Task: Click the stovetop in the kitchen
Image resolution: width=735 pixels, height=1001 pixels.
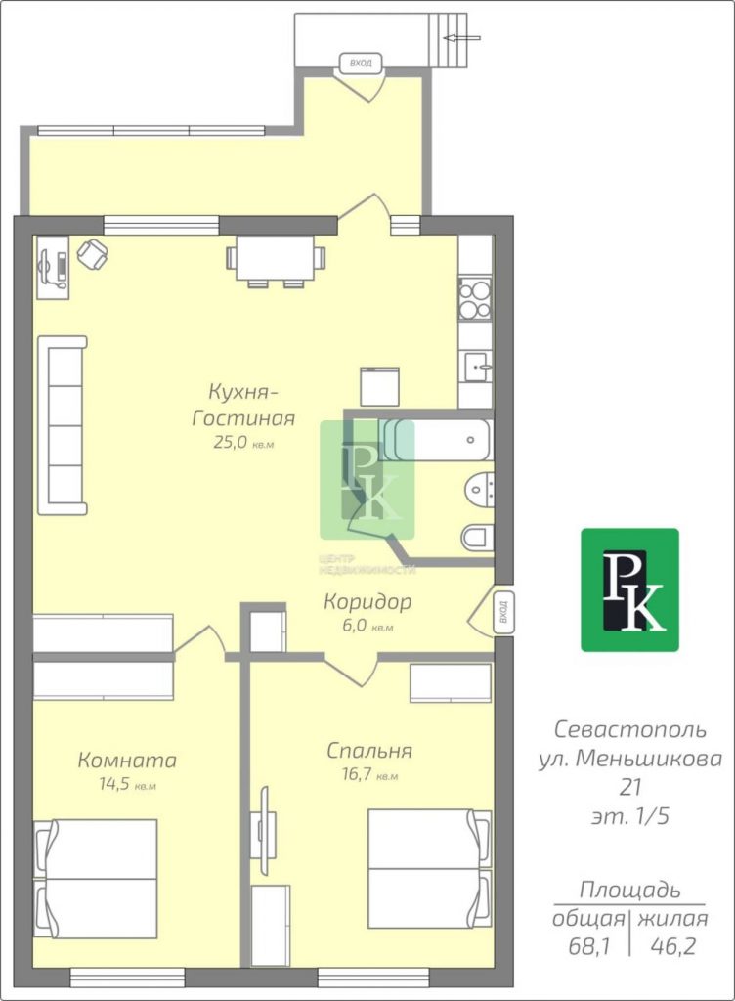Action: coord(475,299)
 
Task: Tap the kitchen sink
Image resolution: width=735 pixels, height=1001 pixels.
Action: coord(477,367)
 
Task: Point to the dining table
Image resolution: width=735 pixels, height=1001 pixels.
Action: coord(275,257)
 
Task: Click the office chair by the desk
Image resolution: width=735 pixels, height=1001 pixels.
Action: coord(93,253)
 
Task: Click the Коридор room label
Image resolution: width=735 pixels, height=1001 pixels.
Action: coord(367,601)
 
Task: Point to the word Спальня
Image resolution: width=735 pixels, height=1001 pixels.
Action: coord(368,751)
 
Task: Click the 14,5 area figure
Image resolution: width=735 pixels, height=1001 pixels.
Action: coord(112,784)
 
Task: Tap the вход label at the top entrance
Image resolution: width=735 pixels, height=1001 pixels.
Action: coord(361,63)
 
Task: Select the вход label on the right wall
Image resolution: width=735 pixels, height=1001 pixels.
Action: coord(502,612)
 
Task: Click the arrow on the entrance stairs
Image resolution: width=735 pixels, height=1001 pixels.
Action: coord(462,38)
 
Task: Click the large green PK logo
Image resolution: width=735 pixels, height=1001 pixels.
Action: coord(629,589)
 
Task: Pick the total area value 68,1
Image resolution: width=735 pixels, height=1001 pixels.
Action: coord(589,946)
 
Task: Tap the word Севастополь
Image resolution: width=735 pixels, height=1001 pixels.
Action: coord(629,729)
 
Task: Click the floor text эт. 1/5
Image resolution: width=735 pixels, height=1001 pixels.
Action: coord(630,816)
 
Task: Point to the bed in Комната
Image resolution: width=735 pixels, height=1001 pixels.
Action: coord(95,879)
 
